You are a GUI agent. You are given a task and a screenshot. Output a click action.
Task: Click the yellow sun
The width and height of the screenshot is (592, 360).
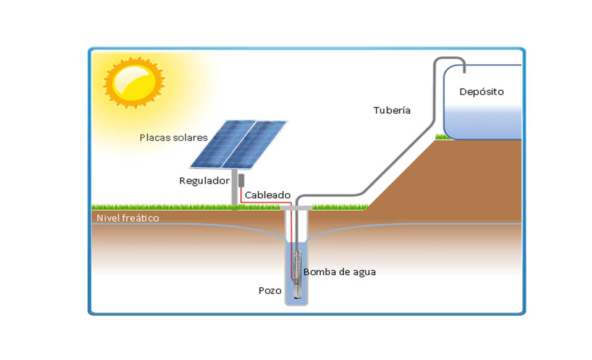tap(134, 83)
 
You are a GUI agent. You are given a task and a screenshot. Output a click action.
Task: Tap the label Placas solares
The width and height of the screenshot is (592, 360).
tap(173, 137)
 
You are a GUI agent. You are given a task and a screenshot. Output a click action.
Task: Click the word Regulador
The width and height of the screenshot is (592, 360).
tap(204, 181)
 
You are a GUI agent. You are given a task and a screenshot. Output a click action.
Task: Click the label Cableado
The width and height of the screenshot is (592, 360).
tap(267, 195)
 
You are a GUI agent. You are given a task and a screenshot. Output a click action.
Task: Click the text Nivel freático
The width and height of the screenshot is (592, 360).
tap(127, 218)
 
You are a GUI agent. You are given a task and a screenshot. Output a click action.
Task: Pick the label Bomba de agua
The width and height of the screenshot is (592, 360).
tap(339, 272)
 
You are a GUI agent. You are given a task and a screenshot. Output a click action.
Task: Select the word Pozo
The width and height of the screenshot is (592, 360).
tap(270, 290)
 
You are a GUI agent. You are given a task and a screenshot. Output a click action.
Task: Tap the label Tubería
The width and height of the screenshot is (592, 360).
tap(392, 111)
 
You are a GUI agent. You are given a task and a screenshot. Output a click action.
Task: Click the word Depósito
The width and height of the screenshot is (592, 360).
tap(481, 92)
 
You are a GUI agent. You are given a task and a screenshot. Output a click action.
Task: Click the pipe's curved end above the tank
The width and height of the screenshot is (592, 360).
tap(449, 59)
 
